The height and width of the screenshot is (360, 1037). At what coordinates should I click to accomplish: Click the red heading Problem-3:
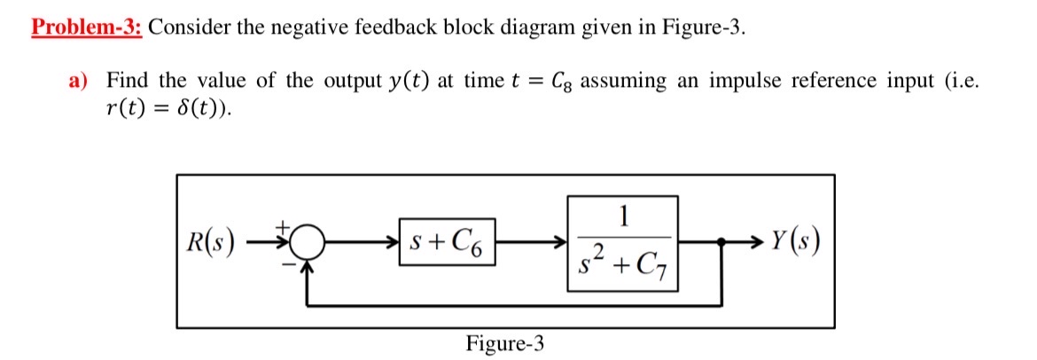coord(87,26)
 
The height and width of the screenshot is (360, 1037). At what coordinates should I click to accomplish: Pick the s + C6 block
coord(447,241)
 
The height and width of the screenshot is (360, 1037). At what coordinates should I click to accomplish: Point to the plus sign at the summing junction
coord(285,227)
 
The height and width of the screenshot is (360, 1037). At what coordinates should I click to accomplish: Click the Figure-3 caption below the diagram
coord(505,343)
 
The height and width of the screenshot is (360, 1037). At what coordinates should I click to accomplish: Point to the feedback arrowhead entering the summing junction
coord(307,262)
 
